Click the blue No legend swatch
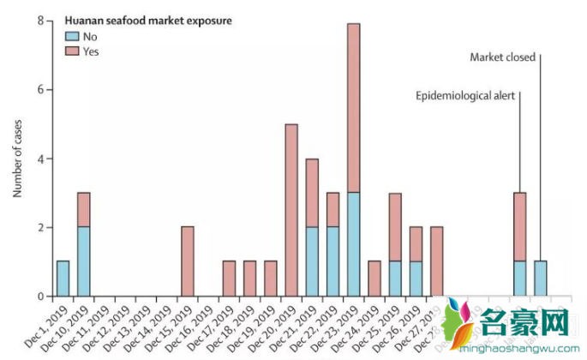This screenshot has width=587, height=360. click(x=71, y=36)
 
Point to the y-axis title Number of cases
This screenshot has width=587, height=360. click(x=17, y=159)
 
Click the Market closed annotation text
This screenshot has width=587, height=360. click(x=503, y=57)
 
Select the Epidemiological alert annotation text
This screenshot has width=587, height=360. click(x=465, y=96)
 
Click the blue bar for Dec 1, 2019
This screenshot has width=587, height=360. click(x=63, y=279)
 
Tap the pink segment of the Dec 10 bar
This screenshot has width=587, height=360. click(x=84, y=210)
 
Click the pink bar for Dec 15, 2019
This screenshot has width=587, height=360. click(x=188, y=261)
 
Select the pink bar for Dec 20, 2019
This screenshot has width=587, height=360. click(x=291, y=210)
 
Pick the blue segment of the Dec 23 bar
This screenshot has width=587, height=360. click(x=354, y=244)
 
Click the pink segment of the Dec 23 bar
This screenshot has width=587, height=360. click(x=354, y=107)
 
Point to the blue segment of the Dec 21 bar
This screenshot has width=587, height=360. click(x=312, y=261)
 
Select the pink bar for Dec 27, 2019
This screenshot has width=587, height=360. click(x=437, y=261)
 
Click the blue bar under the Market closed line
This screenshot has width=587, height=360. click(x=541, y=279)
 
